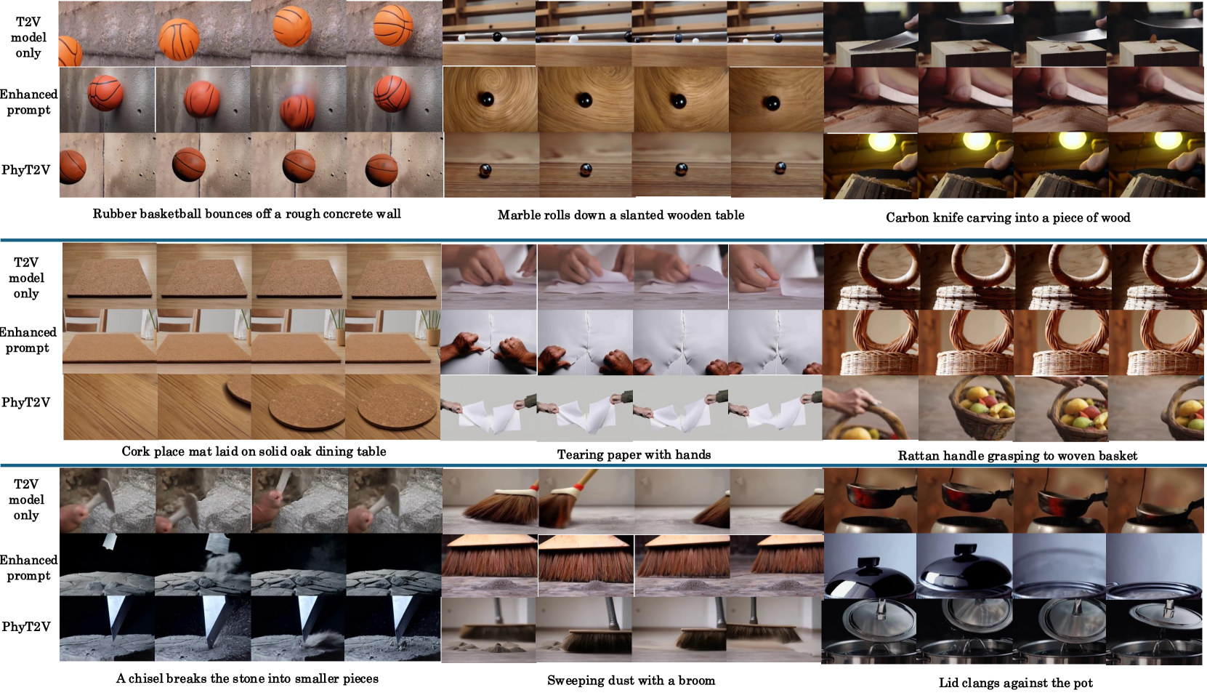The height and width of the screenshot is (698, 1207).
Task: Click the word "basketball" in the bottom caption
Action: coord(158,214)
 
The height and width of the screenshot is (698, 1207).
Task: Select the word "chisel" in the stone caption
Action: coord(145,678)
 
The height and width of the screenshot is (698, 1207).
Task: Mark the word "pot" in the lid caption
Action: coord(1083,683)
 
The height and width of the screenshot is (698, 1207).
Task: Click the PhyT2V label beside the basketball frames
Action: coord(25,170)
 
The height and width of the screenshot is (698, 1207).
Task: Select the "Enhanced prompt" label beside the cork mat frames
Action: coord(28,340)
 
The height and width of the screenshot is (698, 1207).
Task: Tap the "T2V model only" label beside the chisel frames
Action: coord(26,500)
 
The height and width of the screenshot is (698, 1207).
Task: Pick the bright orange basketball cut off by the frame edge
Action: coord(70,52)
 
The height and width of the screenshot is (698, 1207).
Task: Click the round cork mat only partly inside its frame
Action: coord(238,388)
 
